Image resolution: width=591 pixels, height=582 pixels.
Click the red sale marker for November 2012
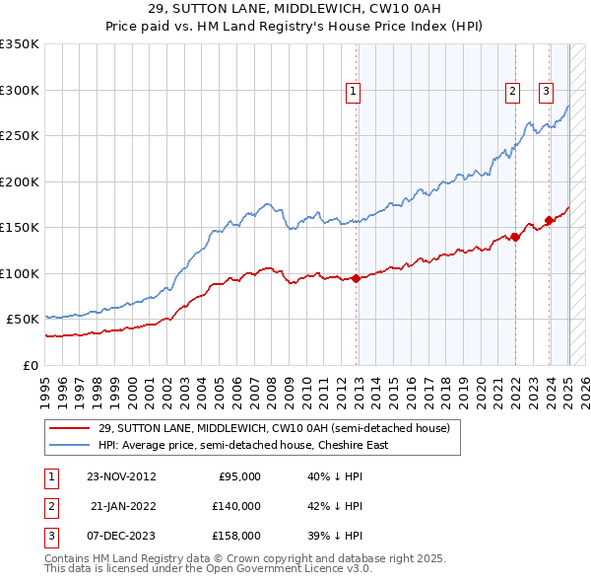(356, 278)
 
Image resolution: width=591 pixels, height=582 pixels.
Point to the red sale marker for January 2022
(515, 237)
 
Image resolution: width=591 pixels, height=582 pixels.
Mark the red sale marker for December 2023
(549, 220)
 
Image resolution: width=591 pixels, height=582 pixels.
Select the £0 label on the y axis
(29, 365)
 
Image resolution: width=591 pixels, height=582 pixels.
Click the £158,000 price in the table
(235, 536)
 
